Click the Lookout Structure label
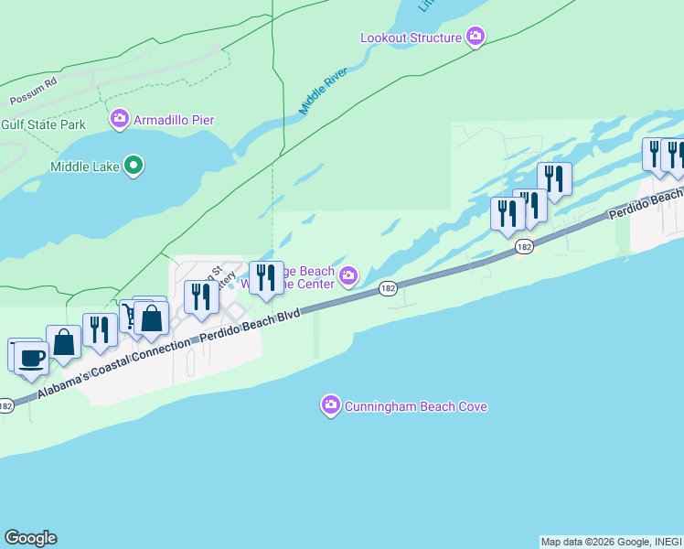pos(411,38)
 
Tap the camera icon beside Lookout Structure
pos(476,38)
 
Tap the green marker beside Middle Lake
pos(134,166)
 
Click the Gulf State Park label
pos(43,124)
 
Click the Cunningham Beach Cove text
pos(415,406)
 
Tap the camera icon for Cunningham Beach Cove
pos(331,405)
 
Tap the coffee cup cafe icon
pos(32,357)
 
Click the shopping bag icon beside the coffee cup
pos(64,343)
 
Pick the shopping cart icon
pos(129,317)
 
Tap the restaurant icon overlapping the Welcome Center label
pos(266,277)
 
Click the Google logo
pos(30,538)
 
